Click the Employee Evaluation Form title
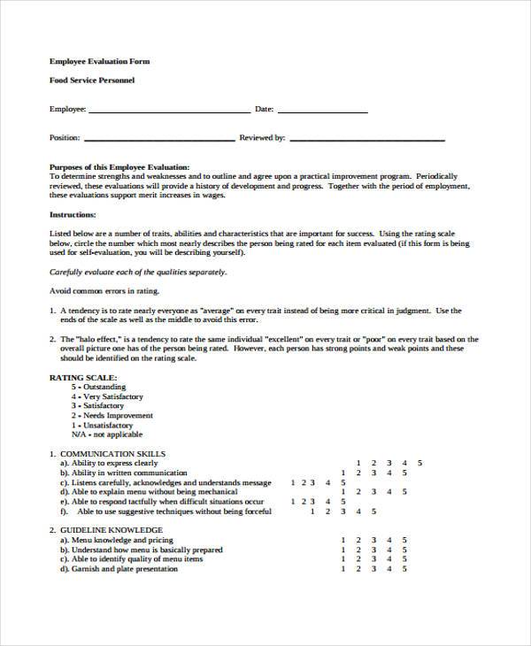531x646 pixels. [99, 61]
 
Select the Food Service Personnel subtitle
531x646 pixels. [92, 81]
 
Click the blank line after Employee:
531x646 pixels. [169, 111]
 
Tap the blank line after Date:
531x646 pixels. [322, 111]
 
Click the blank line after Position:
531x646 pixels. [159, 138]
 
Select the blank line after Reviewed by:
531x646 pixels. [367, 138]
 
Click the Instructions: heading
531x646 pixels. [74, 214]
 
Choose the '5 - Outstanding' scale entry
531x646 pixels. [99, 387]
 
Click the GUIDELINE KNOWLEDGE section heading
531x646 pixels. [112, 530]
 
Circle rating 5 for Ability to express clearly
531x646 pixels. [420, 463]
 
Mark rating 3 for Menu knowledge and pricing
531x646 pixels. [373, 540]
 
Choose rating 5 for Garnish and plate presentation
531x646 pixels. [404, 569]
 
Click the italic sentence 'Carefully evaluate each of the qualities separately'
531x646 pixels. [138, 273]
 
